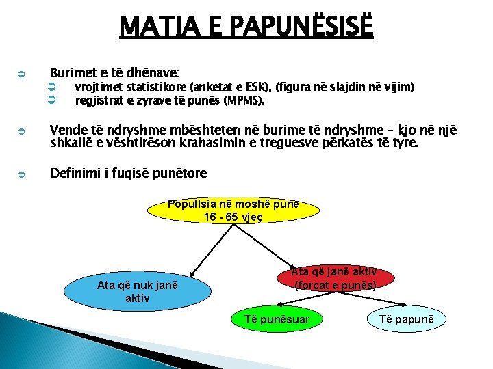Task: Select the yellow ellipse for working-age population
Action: tap(233, 210)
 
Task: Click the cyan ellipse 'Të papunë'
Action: tap(407, 319)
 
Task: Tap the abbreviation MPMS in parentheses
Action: tap(243, 100)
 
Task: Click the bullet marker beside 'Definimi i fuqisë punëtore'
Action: tap(21, 174)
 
